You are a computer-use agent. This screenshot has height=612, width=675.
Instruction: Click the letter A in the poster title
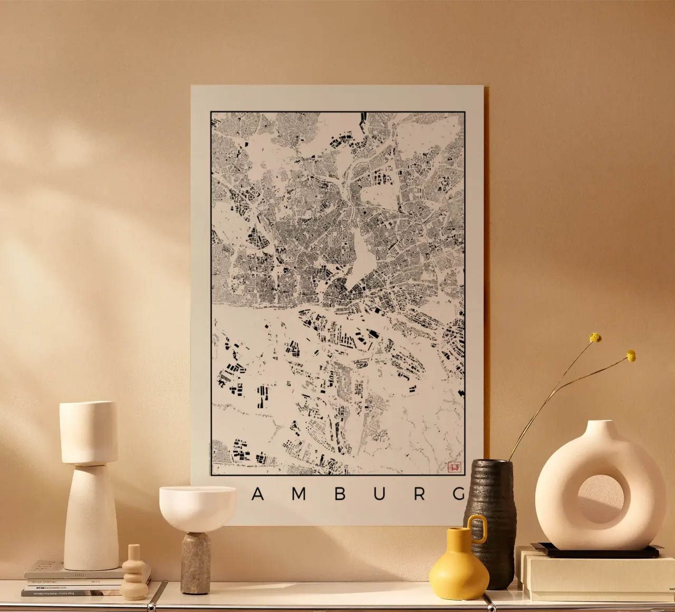point(258,494)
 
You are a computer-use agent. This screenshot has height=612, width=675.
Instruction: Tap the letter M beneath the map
point(298,494)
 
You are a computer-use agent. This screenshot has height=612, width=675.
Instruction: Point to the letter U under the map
point(379,494)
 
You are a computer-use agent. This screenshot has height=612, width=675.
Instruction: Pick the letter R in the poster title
point(420,494)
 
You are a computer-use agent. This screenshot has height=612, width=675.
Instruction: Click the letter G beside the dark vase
point(459,494)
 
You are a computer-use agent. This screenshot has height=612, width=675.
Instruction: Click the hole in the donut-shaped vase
point(600,499)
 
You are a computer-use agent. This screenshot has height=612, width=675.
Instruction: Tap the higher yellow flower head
point(595,338)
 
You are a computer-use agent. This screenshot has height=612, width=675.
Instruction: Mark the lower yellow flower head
point(631,356)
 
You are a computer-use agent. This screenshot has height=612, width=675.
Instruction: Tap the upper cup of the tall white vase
point(89,432)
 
